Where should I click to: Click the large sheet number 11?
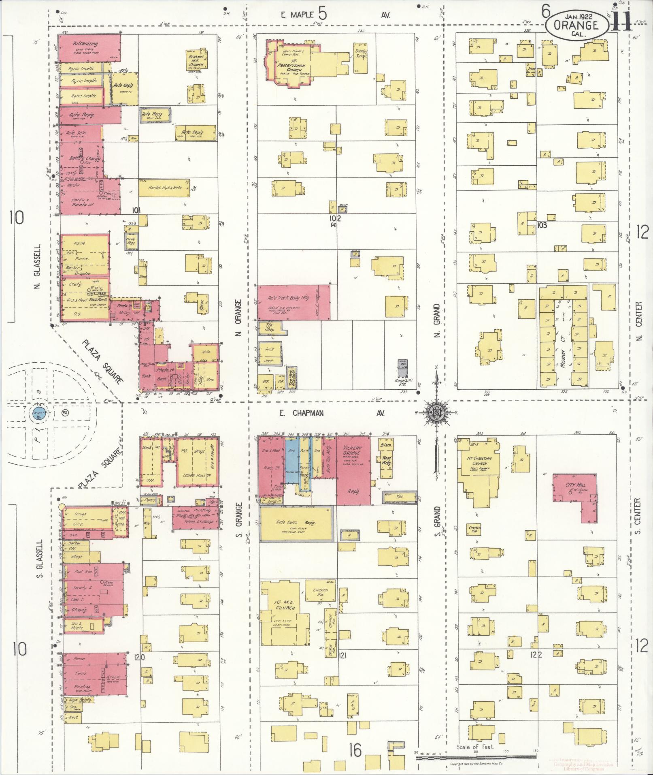coord(619,20)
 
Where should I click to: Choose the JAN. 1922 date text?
coord(576,17)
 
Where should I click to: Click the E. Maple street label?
coord(298,15)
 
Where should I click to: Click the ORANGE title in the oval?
coord(576,26)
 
